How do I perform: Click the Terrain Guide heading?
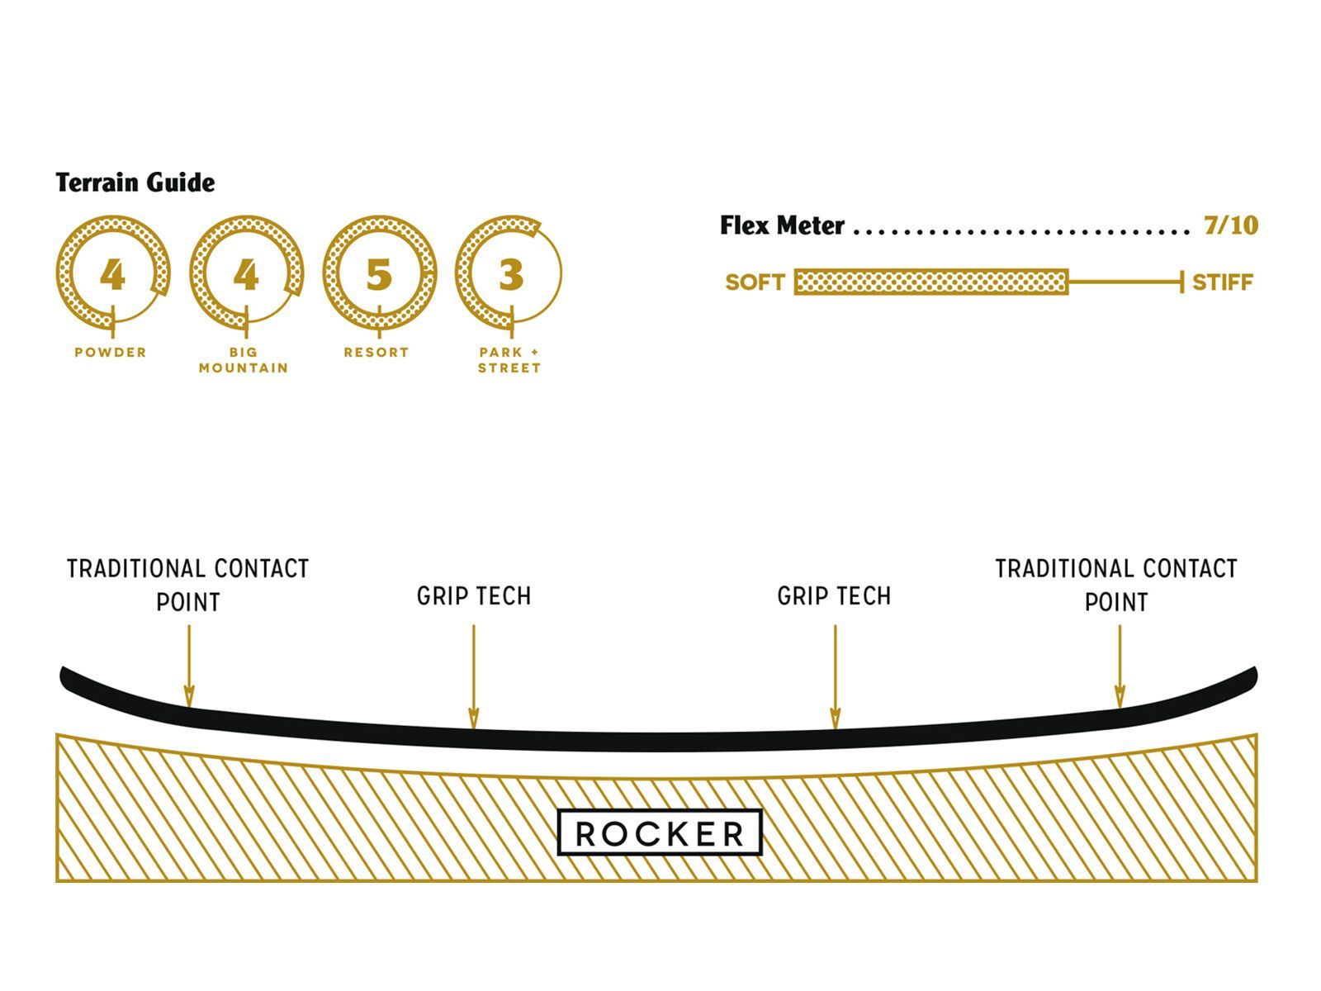pyautogui.click(x=135, y=183)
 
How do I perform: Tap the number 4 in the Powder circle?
pyautogui.click(x=112, y=274)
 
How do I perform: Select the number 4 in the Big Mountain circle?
pyautogui.click(x=245, y=274)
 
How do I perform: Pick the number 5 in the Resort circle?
pyautogui.click(x=378, y=274)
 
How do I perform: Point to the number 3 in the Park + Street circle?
pyautogui.click(x=511, y=274)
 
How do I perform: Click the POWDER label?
pyautogui.click(x=111, y=353)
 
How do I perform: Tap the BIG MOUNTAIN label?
pyautogui.click(x=244, y=360)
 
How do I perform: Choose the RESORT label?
pyautogui.click(x=376, y=353)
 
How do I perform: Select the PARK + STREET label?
pyautogui.click(x=509, y=360)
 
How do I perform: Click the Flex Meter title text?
pyautogui.click(x=782, y=225)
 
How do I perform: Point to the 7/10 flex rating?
pyautogui.click(x=1230, y=225)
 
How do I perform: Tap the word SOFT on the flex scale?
pyautogui.click(x=755, y=282)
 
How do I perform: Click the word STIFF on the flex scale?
pyautogui.click(x=1223, y=282)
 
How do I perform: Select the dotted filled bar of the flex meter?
pyautogui.click(x=931, y=282)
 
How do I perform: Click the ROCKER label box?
pyautogui.click(x=660, y=833)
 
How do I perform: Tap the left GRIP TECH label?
pyautogui.click(x=474, y=596)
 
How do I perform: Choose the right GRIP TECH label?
pyautogui.click(x=835, y=596)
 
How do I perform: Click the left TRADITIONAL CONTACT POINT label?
pyautogui.click(x=188, y=585)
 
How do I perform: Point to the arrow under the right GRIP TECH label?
pyautogui.click(x=835, y=677)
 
